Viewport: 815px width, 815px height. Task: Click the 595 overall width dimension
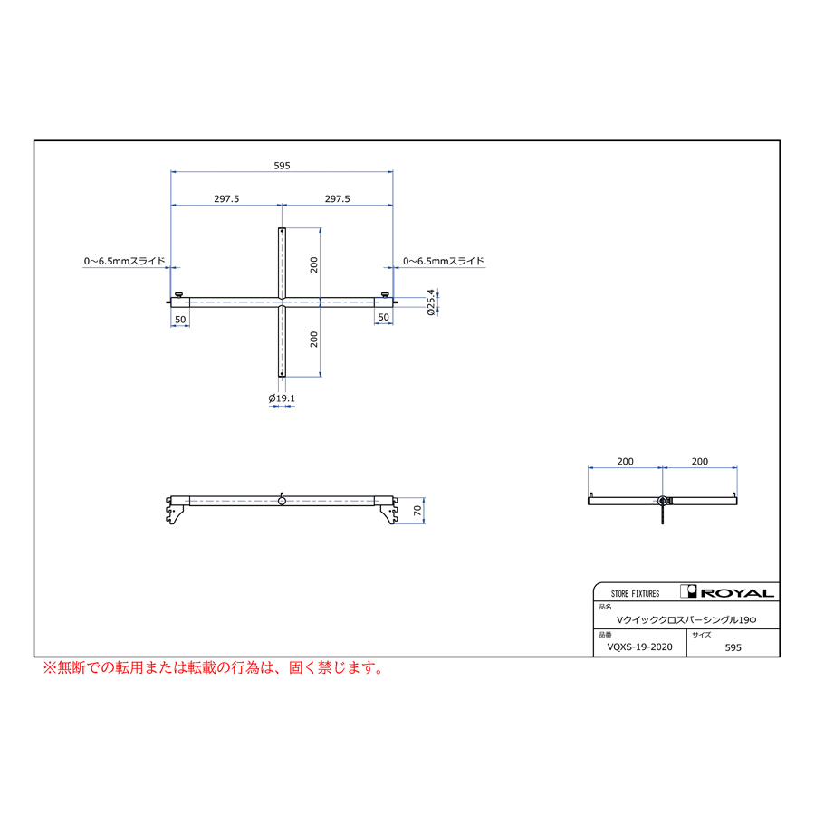(x=282, y=166)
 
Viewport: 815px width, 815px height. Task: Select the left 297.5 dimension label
(x=226, y=199)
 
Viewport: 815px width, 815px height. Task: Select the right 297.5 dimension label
(x=338, y=199)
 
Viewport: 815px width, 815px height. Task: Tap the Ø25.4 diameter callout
(x=431, y=302)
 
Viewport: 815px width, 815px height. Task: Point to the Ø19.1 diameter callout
(x=282, y=398)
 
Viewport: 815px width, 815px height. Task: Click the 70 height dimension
(x=417, y=511)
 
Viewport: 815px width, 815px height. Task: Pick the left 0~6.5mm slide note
(x=125, y=261)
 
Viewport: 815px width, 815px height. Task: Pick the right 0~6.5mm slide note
(x=444, y=261)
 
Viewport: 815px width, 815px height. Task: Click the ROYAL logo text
(x=737, y=593)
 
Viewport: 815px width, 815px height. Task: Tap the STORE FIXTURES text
(x=635, y=593)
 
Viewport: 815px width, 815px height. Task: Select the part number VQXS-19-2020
(x=640, y=647)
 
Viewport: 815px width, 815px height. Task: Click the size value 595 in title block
(x=733, y=647)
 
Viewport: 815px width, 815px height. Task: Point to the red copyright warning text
(x=213, y=668)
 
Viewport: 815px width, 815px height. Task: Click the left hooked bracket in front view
(x=174, y=510)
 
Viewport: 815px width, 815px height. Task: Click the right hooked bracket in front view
(x=388, y=510)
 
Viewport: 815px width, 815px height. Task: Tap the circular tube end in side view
(x=662, y=501)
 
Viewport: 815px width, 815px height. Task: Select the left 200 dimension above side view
(x=625, y=462)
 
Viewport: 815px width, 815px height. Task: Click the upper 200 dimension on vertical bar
(x=313, y=265)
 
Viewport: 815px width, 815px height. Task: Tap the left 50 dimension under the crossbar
(x=180, y=320)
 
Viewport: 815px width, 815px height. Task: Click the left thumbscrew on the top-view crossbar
(x=178, y=295)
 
